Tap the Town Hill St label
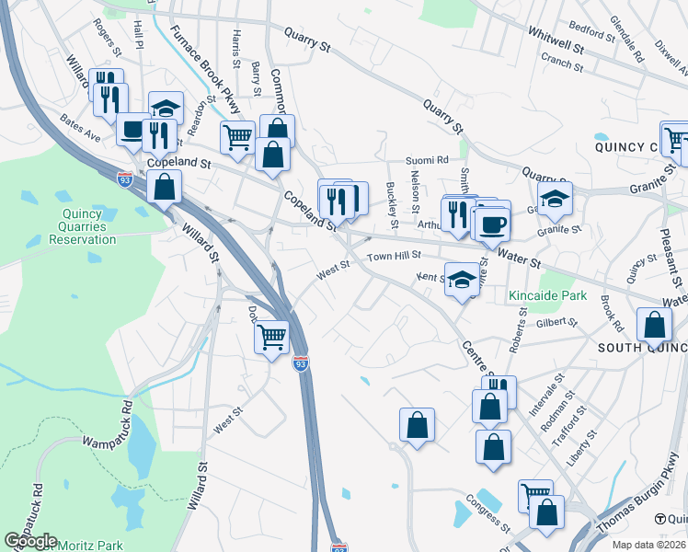coord(394,257)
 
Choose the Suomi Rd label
coord(429,159)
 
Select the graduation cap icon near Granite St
coord(556,197)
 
